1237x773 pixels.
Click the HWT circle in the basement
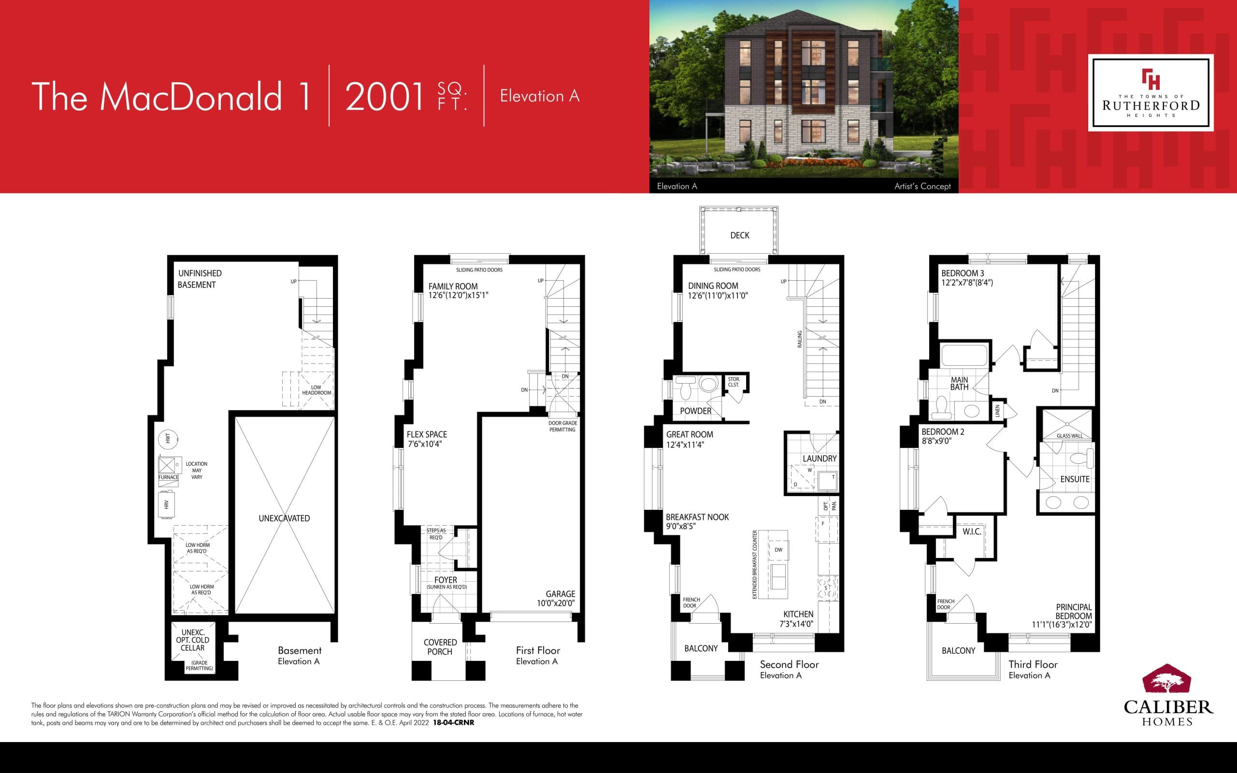click(x=168, y=439)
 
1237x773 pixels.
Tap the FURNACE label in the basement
click(x=168, y=477)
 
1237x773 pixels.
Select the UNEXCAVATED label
click(x=284, y=518)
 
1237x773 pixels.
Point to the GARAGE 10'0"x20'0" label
click(x=556, y=598)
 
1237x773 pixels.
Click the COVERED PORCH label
click(x=440, y=647)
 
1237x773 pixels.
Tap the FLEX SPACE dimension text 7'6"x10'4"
click(x=425, y=444)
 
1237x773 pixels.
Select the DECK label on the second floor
click(x=740, y=235)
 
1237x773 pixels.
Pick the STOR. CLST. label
click(x=734, y=382)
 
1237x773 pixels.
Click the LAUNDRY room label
click(x=820, y=458)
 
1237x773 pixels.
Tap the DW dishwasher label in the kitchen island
click(x=778, y=550)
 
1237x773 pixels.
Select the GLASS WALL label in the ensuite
click(x=1069, y=436)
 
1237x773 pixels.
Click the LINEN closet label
click(x=997, y=411)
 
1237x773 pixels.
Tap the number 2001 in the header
click(x=385, y=96)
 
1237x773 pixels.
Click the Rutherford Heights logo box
click(x=1150, y=93)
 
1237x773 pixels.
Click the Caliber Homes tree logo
click(x=1167, y=680)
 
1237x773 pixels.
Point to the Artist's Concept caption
click(x=922, y=186)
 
